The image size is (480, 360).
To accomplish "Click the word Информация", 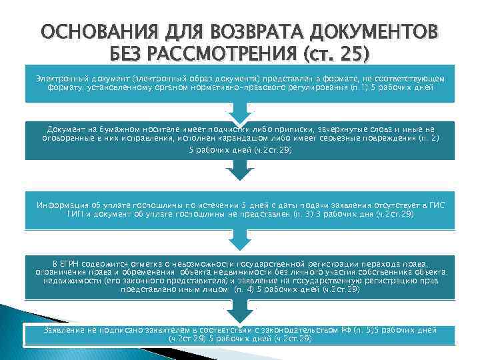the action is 65,205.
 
